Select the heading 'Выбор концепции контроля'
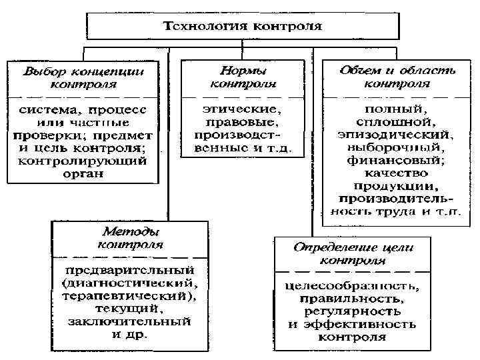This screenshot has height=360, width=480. point(83,77)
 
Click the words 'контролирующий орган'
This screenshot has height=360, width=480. point(83,168)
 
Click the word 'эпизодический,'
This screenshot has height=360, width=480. point(397,135)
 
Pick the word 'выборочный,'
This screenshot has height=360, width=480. point(397,147)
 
